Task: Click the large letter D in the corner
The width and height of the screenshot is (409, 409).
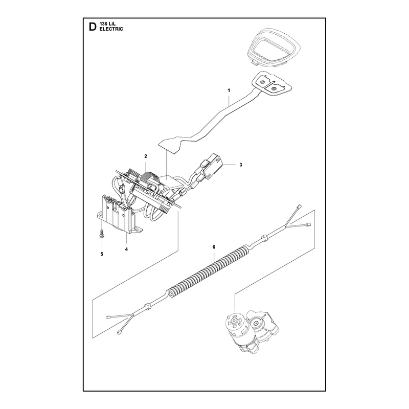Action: coord(93,27)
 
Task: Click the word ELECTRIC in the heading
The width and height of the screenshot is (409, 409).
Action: coord(111,29)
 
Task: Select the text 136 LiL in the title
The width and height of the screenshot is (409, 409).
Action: coord(107,25)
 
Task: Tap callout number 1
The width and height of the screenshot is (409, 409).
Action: coord(229,90)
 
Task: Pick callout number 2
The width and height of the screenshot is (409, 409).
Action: coord(146,156)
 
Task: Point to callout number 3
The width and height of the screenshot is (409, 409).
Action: coord(241,165)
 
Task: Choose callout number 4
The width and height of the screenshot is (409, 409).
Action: coord(126,249)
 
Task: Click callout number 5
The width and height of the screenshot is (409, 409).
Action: coord(102,254)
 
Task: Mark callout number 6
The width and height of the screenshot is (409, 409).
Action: coord(214,247)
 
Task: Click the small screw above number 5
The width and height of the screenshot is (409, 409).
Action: coord(102,233)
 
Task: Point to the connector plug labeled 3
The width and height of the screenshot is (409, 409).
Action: coord(211,166)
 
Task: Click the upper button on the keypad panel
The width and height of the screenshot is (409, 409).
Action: coord(263,82)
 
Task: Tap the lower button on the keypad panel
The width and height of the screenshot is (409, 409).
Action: coord(274,89)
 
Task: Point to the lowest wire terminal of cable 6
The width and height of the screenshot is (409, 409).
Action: coord(120,332)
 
